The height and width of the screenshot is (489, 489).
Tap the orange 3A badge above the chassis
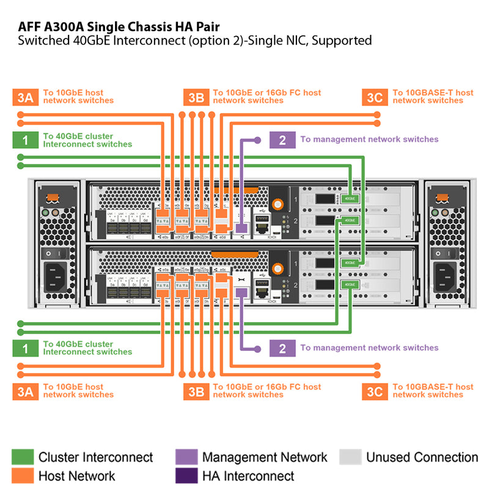click(25, 97)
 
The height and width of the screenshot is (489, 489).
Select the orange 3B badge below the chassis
click(196, 391)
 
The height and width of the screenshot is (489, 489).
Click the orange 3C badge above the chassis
click(375, 97)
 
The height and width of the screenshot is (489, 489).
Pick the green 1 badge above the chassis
click(25, 141)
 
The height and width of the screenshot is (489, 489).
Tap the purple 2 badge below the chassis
click(282, 348)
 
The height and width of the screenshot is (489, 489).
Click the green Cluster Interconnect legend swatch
click(23, 457)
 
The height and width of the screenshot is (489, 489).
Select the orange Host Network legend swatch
click(23, 476)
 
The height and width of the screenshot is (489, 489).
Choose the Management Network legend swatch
click(186, 457)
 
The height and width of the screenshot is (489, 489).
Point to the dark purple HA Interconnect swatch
click(186, 476)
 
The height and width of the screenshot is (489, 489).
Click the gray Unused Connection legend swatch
click(350, 457)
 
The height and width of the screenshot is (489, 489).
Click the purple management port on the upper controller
click(241, 227)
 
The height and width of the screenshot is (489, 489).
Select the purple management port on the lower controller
click(241, 293)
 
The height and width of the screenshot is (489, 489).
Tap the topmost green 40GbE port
click(348, 198)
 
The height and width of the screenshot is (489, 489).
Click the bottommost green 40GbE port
click(348, 284)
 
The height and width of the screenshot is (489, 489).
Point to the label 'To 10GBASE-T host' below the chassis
click(433, 386)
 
